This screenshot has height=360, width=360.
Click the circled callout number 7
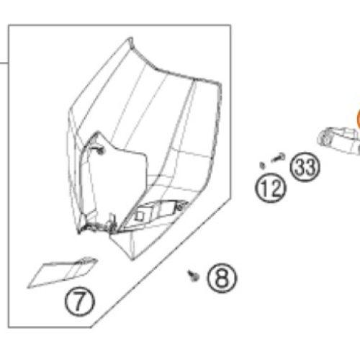(x=80, y=301)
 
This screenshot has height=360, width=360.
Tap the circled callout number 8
(x=222, y=279)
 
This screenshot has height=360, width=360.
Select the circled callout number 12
(x=271, y=188)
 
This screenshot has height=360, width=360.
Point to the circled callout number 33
(x=305, y=167)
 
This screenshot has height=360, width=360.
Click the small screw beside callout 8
(x=194, y=276)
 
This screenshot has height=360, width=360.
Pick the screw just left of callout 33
(x=279, y=157)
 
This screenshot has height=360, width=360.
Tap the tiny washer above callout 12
(x=262, y=165)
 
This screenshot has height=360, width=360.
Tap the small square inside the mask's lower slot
(x=140, y=215)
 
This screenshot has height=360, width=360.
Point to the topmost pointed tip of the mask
(x=130, y=37)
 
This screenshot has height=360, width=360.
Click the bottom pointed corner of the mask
(x=132, y=260)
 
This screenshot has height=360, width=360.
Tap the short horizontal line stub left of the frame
(x=4, y=63)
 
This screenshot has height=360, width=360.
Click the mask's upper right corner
(x=220, y=84)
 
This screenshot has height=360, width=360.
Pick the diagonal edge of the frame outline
(x=161, y=263)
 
